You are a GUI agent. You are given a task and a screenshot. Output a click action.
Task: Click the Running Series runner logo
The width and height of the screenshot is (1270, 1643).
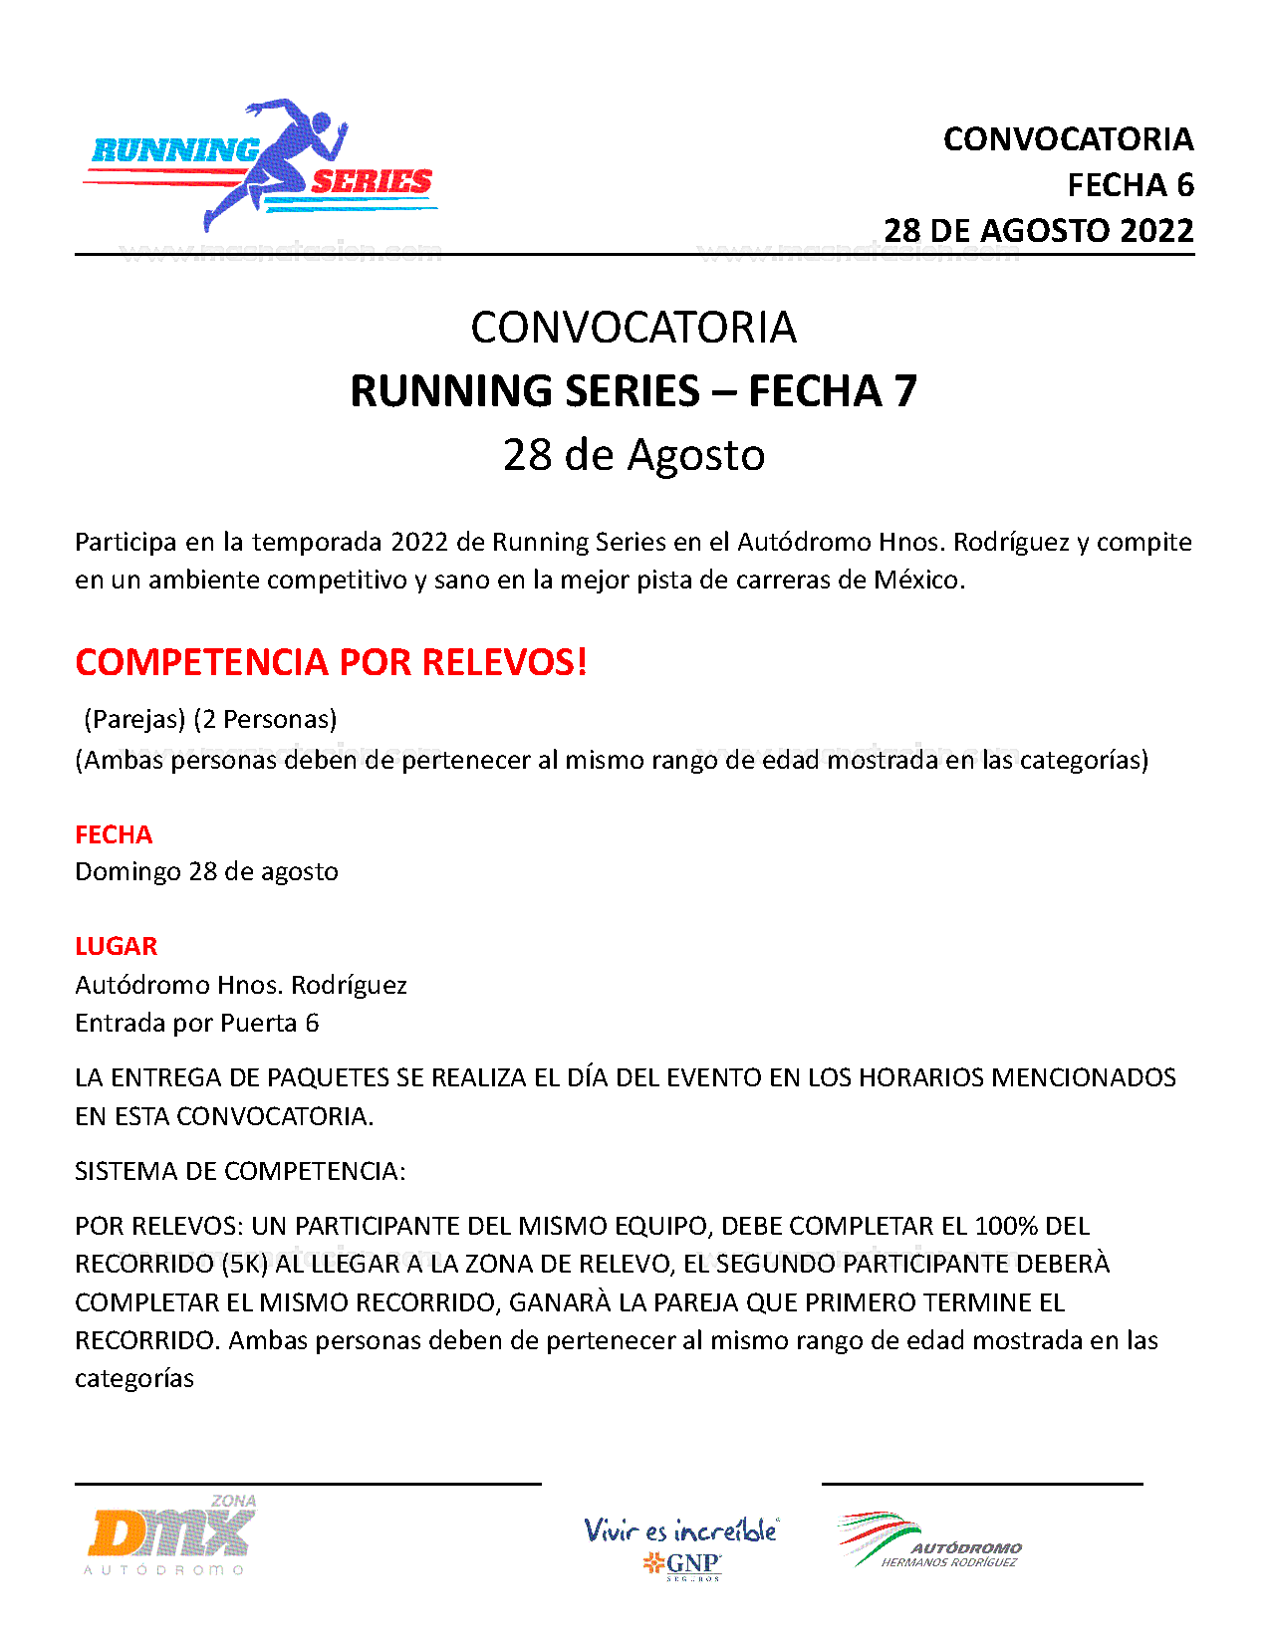click(x=261, y=165)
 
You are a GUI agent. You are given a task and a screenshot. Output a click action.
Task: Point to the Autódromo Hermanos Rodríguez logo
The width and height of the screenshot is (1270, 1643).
click(x=929, y=1541)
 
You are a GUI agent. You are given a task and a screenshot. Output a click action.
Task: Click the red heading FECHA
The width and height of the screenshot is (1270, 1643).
click(x=114, y=834)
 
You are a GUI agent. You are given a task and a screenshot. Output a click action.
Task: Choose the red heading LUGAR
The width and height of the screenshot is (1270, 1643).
click(x=116, y=946)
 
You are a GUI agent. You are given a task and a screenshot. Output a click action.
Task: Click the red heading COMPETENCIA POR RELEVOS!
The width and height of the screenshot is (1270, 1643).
click(x=331, y=662)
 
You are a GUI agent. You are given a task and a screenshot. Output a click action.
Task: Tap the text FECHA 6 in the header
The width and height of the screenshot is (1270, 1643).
click(x=1130, y=184)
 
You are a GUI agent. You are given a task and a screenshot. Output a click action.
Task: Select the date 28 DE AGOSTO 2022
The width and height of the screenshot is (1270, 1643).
click(x=1038, y=230)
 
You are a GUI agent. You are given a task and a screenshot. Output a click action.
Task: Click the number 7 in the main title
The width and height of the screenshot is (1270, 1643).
click(x=904, y=390)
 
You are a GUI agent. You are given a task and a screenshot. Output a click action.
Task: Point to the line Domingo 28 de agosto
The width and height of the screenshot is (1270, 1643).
click(x=206, y=871)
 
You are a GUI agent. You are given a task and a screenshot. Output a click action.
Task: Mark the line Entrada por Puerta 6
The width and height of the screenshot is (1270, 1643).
click(x=196, y=1023)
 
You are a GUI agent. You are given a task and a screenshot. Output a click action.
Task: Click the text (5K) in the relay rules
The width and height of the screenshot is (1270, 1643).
click(x=245, y=1264)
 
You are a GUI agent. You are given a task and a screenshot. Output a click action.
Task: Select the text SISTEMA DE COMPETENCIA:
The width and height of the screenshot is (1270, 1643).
click(x=240, y=1171)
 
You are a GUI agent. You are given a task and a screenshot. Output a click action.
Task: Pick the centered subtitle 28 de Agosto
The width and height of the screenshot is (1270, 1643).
click(x=634, y=454)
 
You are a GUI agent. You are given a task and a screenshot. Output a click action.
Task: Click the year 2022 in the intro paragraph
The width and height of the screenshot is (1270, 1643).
click(x=419, y=542)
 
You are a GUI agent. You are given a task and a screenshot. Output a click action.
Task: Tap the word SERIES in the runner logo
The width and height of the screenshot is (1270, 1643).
click(x=371, y=181)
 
